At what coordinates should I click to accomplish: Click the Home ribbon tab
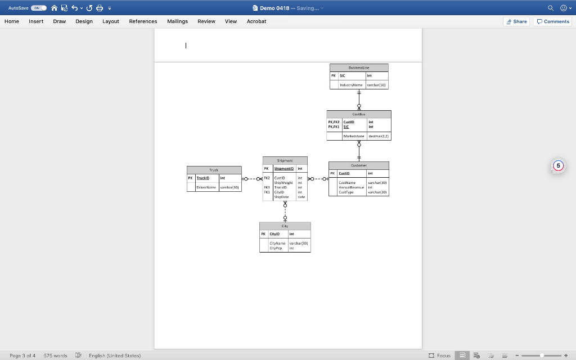[12, 21]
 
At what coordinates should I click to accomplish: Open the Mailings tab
[177, 21]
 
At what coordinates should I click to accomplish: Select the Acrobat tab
[256, 21]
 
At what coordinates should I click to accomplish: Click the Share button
[516, 21]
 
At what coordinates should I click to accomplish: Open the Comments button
[553, 21]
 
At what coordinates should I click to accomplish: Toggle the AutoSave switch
[39, 8]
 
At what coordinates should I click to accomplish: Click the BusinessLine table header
[359, 67]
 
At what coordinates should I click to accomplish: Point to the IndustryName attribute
[351, 84]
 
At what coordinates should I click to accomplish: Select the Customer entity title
[358, 165]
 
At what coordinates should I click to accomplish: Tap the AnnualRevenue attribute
[352, 187]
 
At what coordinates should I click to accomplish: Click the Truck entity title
[214, 170]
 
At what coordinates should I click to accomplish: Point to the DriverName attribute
[204, 187]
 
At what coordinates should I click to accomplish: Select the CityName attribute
[278, 243]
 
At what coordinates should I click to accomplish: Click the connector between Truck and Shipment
[251, 179]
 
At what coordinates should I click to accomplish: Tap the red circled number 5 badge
[557, 166]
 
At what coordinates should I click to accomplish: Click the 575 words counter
[55, 355]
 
